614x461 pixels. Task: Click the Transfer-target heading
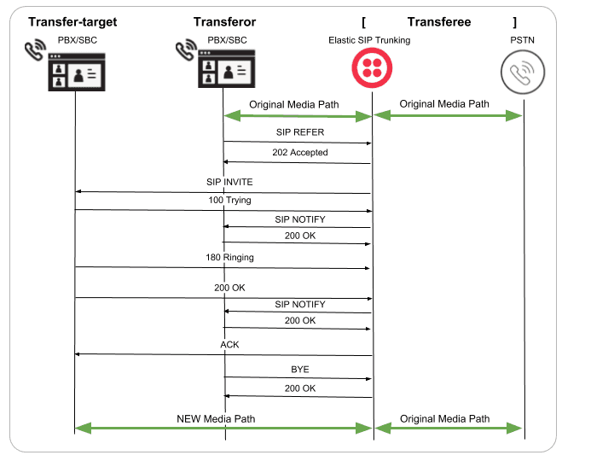click(72, 21)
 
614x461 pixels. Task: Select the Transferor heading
click(224, 21)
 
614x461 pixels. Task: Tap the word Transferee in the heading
click(438, 21)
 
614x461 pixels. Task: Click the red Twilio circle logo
click(373, 67)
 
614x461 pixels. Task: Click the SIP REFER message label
click(299, 132)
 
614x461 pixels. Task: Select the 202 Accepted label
click(299, 153)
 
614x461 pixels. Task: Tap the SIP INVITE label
click(229, 182)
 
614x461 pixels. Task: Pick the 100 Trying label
click(229, 200)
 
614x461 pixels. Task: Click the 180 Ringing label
click(229, 257)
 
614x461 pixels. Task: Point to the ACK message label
click(229, 345)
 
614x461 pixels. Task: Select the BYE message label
click(299, 370)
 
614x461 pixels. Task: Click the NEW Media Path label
click(216, 419)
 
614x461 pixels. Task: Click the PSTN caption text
click(522, 39)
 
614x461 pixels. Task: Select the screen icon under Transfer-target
click(77, 72)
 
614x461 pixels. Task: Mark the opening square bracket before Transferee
click(363, 21)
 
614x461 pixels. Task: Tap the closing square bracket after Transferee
click(514, 21)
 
